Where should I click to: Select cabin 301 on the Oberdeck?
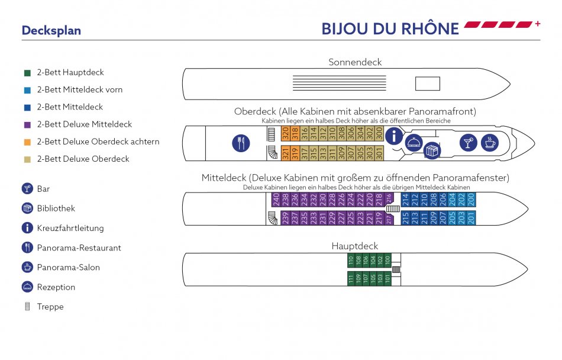click(379, 155)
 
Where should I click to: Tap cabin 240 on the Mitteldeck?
click(276, 200)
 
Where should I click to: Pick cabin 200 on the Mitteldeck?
click(471, 200)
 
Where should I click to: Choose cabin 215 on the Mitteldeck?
click(405, 218)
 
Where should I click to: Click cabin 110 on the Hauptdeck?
click(351, 260)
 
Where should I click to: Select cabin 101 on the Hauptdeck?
click(387, 278)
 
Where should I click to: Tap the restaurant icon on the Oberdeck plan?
click(241, 143)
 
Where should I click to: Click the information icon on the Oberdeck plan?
click(393, 136)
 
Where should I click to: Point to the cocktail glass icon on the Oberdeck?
click(469, 142)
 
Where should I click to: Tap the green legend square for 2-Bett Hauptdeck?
click(27, 73)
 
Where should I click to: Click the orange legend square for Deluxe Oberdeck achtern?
click(27, 142)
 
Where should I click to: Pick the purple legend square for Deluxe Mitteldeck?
click(27, 125)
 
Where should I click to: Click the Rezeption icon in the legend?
click(27, 287)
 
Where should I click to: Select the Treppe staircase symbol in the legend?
click(27, 307)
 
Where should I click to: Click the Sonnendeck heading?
click(355, 62)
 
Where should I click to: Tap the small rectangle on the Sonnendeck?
click(427, 84)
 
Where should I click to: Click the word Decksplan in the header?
click(51, 31)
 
